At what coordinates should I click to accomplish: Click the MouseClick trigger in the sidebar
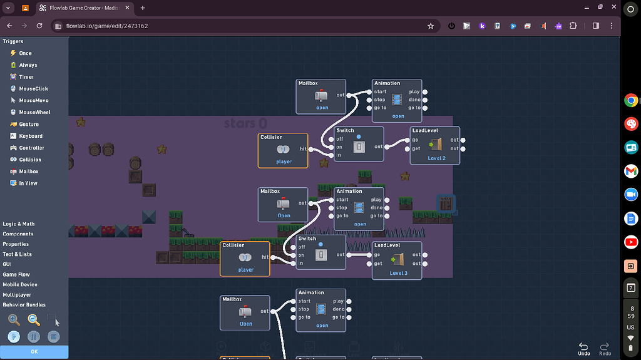click(33, 89)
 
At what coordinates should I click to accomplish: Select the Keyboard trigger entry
click(30, 136)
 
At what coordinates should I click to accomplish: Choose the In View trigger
click(28, 183)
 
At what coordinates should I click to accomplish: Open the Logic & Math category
click(19, 224)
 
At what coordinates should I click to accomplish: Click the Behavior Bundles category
click(24, 305)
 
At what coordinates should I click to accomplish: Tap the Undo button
click(583, 348)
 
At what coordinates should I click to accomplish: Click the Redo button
click(605, 348)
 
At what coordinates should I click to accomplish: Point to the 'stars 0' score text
click(245, 123)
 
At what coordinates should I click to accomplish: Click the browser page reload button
click(39, 26)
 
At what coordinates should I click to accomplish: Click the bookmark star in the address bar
click(431, 26)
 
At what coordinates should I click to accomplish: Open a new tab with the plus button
click(143, 8)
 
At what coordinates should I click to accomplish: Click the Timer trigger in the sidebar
click(26, 77)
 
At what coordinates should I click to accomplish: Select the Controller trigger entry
click(31, 148)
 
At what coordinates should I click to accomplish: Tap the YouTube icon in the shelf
click(631, 242)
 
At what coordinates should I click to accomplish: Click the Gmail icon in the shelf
click(631, 172)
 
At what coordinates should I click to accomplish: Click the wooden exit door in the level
click(446, 204)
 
